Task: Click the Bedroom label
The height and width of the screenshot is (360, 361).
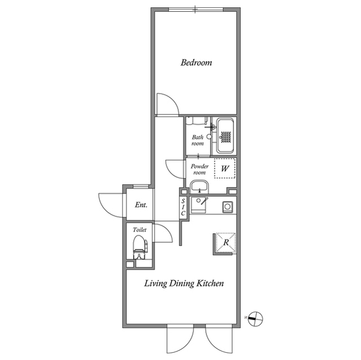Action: pyautogui.click(x=196, y=63)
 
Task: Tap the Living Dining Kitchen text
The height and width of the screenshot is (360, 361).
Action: pyautogui.click(x=184, y=283)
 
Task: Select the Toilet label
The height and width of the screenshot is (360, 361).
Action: pyautogui.click(x=139, y=230)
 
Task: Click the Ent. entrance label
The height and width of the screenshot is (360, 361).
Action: pyautogui.click(x=141, y=205)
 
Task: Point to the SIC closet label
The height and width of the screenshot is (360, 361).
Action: pyautogui.click(x=183, y=207)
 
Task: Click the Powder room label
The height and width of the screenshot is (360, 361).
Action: pyautogui.click(x=199, y=169)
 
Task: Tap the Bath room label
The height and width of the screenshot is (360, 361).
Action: pyautogui.click(x=198, y=140)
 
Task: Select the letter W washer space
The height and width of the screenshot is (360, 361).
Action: pyautogui.click(x=224, y=169)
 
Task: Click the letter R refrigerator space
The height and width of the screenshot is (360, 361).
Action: pyautogui.click(x=226, y=242)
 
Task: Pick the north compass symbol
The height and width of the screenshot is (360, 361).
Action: pyautogui.click(x=256, y=319)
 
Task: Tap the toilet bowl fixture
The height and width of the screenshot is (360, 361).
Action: pyautogui.click(x=140, y=247)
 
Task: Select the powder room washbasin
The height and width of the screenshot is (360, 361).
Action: pyautogui.click(x=199, y=187)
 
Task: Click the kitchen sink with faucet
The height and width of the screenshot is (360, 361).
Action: pyautogui.click(x=199, y=205)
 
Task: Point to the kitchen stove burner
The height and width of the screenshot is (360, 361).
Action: pyautogui.click(x=227, y=207)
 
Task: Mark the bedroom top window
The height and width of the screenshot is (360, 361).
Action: pyautogui.click(x=196, y=10)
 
